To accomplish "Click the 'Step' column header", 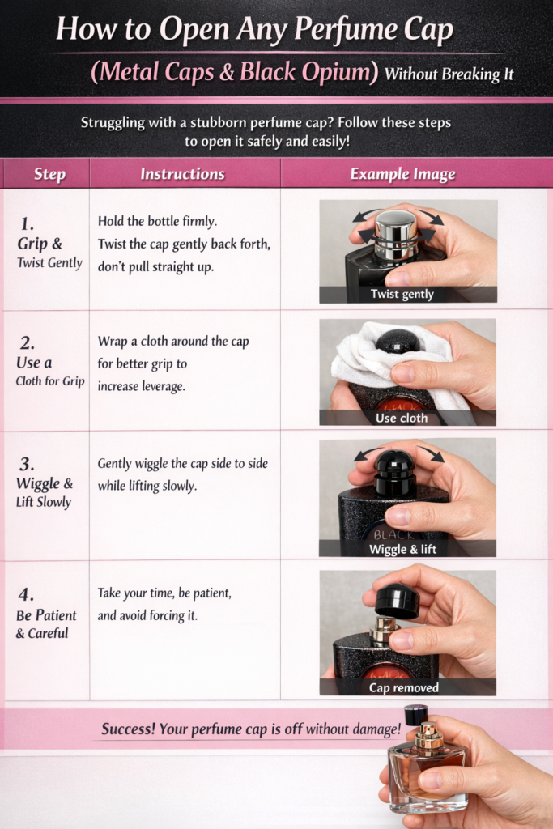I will click(49, 174).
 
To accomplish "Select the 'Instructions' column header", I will click(182, 174).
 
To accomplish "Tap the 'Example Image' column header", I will click(402, 174).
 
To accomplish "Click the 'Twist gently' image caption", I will click(402, 295).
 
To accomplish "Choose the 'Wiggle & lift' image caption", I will click(402, 549).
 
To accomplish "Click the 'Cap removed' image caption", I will click(403, 688).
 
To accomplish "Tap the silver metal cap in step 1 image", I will click(397, 234).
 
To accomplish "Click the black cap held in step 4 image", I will click(397, 601).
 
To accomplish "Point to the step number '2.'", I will click(27, 343).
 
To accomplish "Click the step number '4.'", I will click(27, 595).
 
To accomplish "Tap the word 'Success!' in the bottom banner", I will click(128, 729).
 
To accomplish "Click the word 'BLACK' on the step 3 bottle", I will click(393, 535).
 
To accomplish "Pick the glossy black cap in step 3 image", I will click(395, 471).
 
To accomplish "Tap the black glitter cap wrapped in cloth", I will click(398, 342).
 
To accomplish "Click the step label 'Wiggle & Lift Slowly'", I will click(45, 492).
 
